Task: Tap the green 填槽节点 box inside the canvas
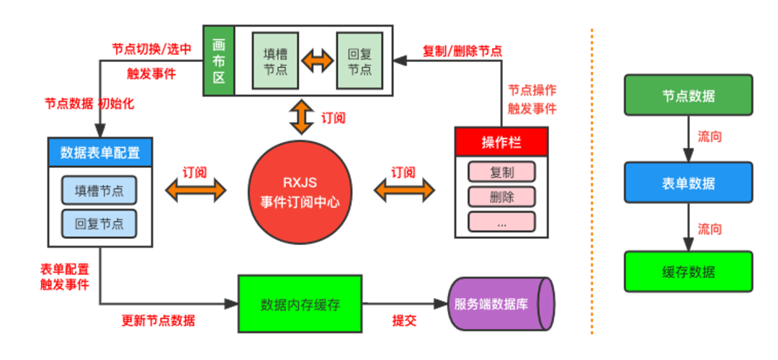point(273,61)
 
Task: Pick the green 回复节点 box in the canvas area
point(359,61)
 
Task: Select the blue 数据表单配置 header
point(99,152)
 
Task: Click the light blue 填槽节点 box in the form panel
point(99,191)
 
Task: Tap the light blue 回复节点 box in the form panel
point(99,222)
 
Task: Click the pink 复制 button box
point(501,173)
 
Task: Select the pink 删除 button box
point(501,197)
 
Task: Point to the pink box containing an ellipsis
point(501,221)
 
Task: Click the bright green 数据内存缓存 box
point(300,304)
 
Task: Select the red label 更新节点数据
point(158,321)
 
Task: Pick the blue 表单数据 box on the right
point(688,183)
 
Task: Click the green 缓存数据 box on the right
point(688,271)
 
